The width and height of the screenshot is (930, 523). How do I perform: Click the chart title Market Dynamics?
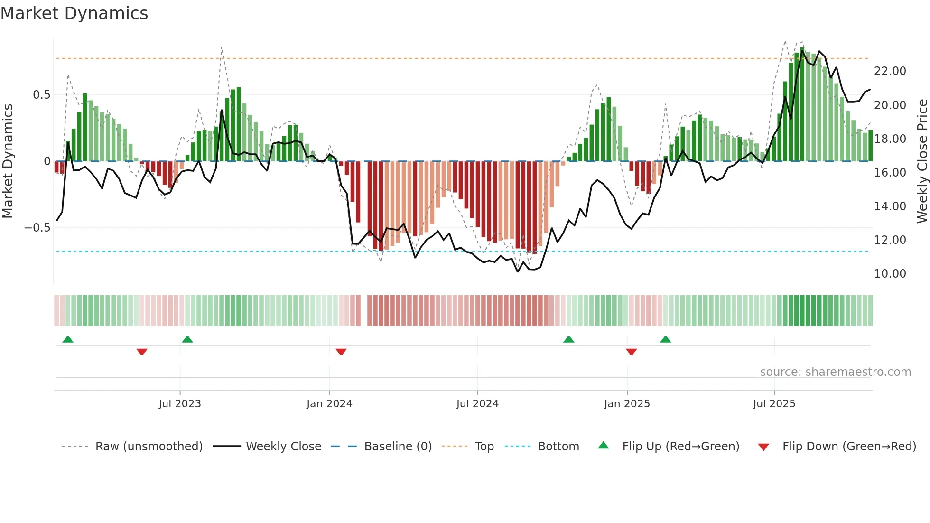(74, 13)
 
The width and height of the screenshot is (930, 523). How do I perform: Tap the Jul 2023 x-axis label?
(180, 404)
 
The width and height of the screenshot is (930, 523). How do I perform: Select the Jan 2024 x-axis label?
(329, 404)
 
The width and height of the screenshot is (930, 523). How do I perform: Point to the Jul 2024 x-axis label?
(477, 404)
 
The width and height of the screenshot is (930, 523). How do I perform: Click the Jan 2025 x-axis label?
(627, 404)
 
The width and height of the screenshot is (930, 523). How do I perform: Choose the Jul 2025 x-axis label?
(774, 404)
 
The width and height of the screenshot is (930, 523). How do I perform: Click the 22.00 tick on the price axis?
(890, 71)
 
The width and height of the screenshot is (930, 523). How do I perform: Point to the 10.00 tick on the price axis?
(890, 274)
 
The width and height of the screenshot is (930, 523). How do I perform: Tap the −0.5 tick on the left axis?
(37, 228)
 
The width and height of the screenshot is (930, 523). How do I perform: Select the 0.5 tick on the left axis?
(41, 95)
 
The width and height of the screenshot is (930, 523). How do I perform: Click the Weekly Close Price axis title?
(922, 161)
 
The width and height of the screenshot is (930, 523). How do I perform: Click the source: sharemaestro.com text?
(835, 372)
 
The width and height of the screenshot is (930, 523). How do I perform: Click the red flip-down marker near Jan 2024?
(341, 352)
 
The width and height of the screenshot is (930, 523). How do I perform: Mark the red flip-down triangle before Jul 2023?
(142, 352)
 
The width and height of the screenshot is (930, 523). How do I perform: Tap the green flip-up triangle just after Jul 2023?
(187, 339)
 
